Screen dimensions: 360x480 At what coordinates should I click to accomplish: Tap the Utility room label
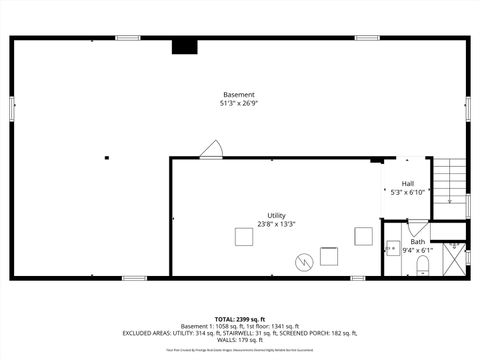click(x=276, y=215)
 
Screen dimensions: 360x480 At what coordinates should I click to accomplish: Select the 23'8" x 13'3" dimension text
click(x=276, y=224)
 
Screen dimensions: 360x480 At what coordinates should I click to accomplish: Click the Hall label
click(x=408, y=183)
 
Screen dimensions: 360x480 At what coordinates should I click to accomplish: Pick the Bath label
click(x=417, y=242)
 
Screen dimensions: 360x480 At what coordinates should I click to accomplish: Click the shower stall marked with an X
click(x=454, y=258)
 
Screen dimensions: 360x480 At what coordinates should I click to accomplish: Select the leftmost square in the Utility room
click(x=244, y=236)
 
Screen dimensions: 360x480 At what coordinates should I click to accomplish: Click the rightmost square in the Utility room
click(x=362, y=236)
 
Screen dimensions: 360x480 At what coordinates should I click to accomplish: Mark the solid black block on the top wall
click(x=184, y=45)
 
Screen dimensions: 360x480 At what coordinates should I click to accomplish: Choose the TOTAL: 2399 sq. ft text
click(x=240, y=318)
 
